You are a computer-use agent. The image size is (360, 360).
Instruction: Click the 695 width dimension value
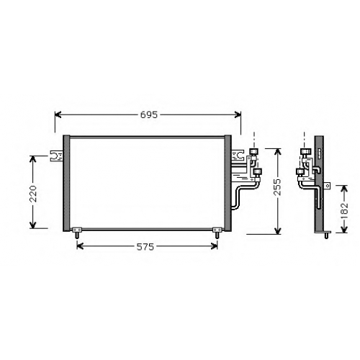pyautogui.click(x=148, y=115)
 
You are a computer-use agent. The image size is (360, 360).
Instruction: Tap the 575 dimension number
pyautogui.click(x=145, y=246)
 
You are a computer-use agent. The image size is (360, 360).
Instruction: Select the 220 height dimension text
pyautogui.click(x=32, y=194)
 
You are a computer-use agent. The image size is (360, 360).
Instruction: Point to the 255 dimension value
pyautogui.click(x=278, y=187)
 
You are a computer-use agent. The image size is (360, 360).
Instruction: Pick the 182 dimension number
pyautogui.click(x=345, y=211)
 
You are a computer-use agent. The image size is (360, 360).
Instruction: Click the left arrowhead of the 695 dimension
pyautogui.click(x=58, y=115)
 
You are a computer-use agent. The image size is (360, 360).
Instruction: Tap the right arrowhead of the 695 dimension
pyautogui.click(x=238, y=115)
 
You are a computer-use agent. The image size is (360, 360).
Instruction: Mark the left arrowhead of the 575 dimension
pyautogui.click(x=80, y=246)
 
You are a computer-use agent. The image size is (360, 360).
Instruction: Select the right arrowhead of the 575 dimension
pyautogui.click(x=214, y=246)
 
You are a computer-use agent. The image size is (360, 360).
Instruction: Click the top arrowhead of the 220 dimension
pyautogui.click(x=32, y=159)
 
